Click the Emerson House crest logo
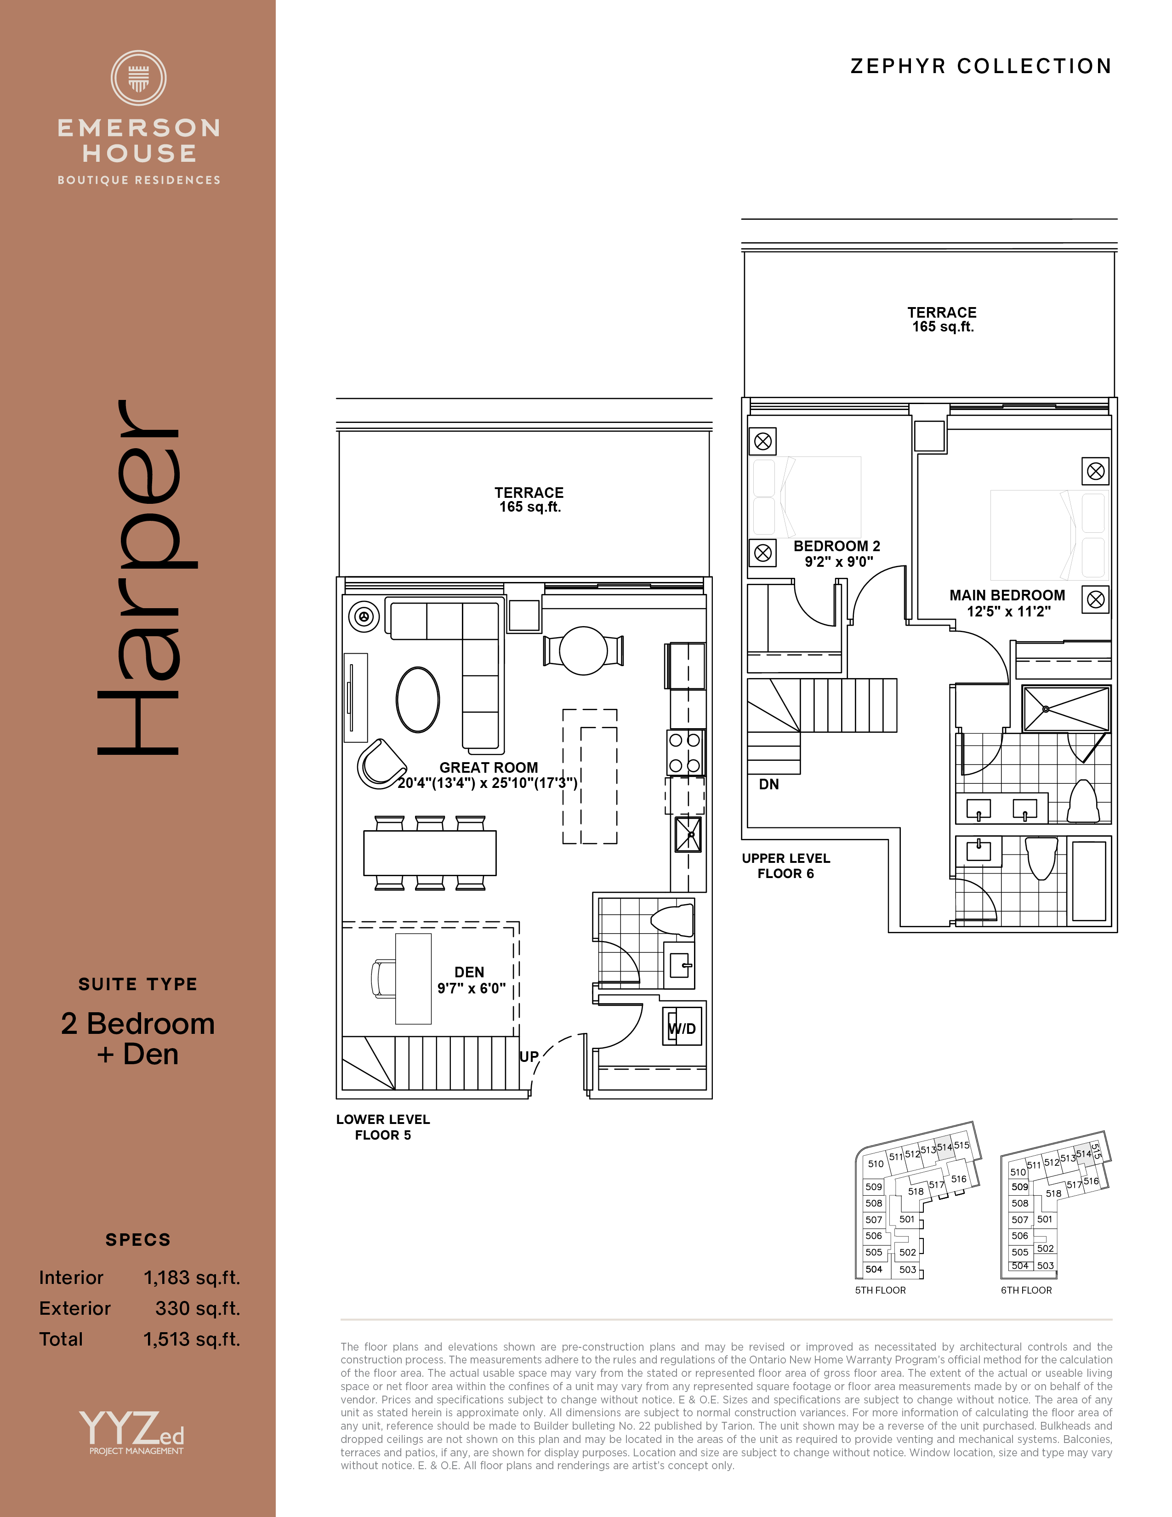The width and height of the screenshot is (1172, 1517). point(138,78)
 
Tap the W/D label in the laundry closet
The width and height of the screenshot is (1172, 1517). point(682,1029)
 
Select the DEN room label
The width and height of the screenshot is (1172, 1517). point(469,972)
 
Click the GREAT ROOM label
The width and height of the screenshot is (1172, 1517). point(489,768)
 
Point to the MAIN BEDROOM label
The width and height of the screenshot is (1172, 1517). point(1007,595)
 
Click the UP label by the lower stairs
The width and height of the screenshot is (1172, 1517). point(529,1056)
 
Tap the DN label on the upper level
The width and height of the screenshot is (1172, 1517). point(768,784)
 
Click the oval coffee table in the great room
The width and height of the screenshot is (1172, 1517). point(417,700)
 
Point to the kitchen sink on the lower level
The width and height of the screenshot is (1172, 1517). point(688,834)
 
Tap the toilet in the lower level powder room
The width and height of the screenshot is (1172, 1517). point(672,920)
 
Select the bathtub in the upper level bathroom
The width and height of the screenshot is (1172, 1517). point(1089,881)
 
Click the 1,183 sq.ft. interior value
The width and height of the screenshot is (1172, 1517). point(192,1278)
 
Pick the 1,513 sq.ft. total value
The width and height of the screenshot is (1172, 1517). point(192,1339)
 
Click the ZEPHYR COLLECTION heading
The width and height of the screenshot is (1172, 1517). point(981,66)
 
